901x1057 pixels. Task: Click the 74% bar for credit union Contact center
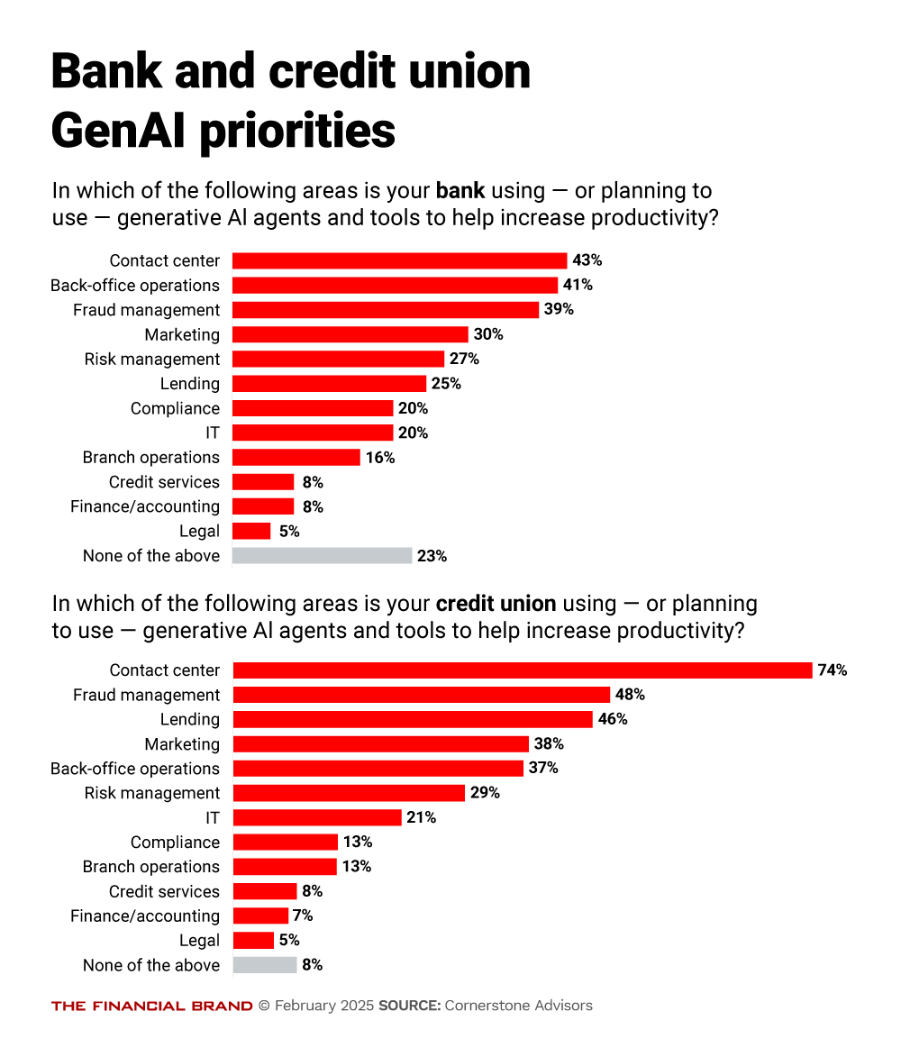click(x=523, y=670)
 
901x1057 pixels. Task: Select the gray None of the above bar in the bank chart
click(x=322, y=556)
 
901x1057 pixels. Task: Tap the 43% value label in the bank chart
click(x=587, y=260)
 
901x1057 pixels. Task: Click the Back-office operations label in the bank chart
click(x=135, y=286)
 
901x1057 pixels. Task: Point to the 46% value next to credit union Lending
click(x=613, y=719)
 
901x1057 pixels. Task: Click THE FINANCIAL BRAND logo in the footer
click(x=151, y=1006)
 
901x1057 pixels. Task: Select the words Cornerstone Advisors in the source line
click(x=519, y=1006)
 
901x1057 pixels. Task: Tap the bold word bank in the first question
click(x=460, y=191)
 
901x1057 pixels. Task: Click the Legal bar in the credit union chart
click(x=253, y=941)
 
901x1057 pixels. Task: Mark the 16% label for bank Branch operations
click(x=380, y=458)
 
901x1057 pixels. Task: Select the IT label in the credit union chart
click(x=212, y=817)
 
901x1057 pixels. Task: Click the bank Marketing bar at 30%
click(x=350, y=334)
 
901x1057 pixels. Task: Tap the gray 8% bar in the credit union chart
click(x=265, y=965)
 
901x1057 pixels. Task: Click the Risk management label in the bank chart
click(x=152, y=360)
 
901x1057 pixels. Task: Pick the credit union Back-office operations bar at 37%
click(x=378, y=769)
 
